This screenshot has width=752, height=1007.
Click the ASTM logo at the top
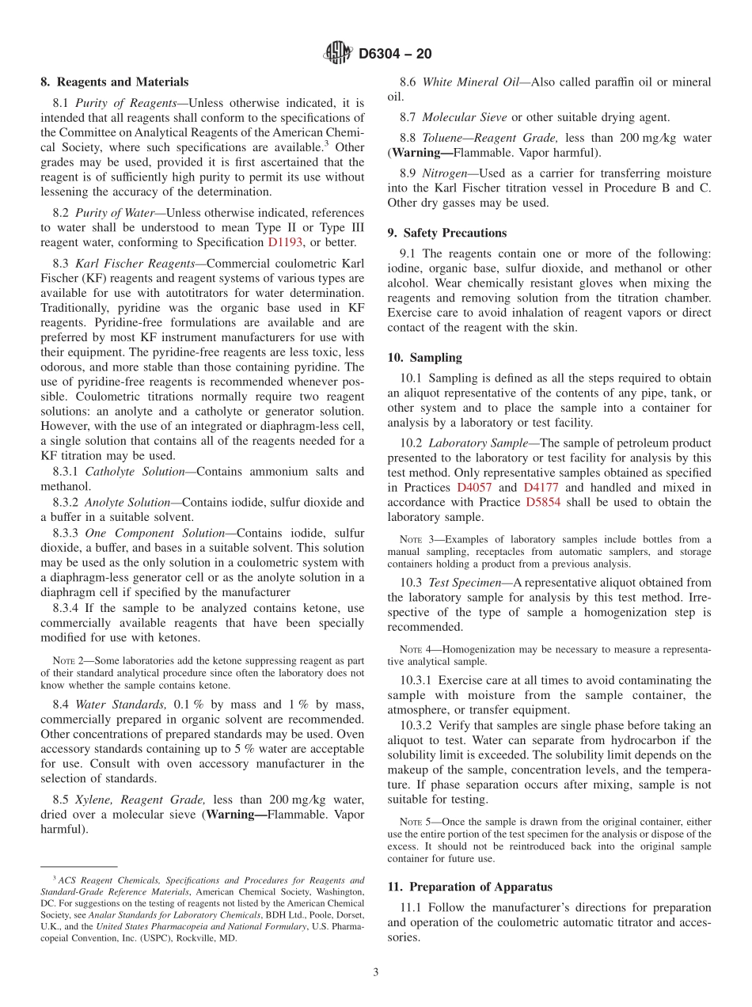(339, 53)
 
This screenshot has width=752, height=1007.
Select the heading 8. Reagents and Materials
(114, 82)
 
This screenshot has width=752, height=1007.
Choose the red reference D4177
(541, 488)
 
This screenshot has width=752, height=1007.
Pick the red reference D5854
(542, 503)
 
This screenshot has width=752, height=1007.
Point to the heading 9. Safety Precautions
(446, 233)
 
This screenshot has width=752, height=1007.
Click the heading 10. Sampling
(424, 358)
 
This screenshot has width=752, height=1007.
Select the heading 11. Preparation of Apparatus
(469, 887)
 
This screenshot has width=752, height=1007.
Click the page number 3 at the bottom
(376, 972)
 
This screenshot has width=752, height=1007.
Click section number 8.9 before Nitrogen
(408, 173)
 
